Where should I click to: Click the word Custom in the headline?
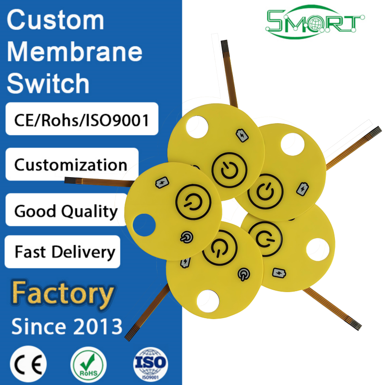click(x=55, y=20)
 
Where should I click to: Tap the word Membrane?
click(x=75, y=52)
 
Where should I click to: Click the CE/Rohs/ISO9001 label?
click(x=82, y=119)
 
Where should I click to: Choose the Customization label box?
click(x=71, y=165)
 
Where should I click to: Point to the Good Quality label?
click(x=66, y=211)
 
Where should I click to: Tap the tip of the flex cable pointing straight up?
click(x=224, y=45)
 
